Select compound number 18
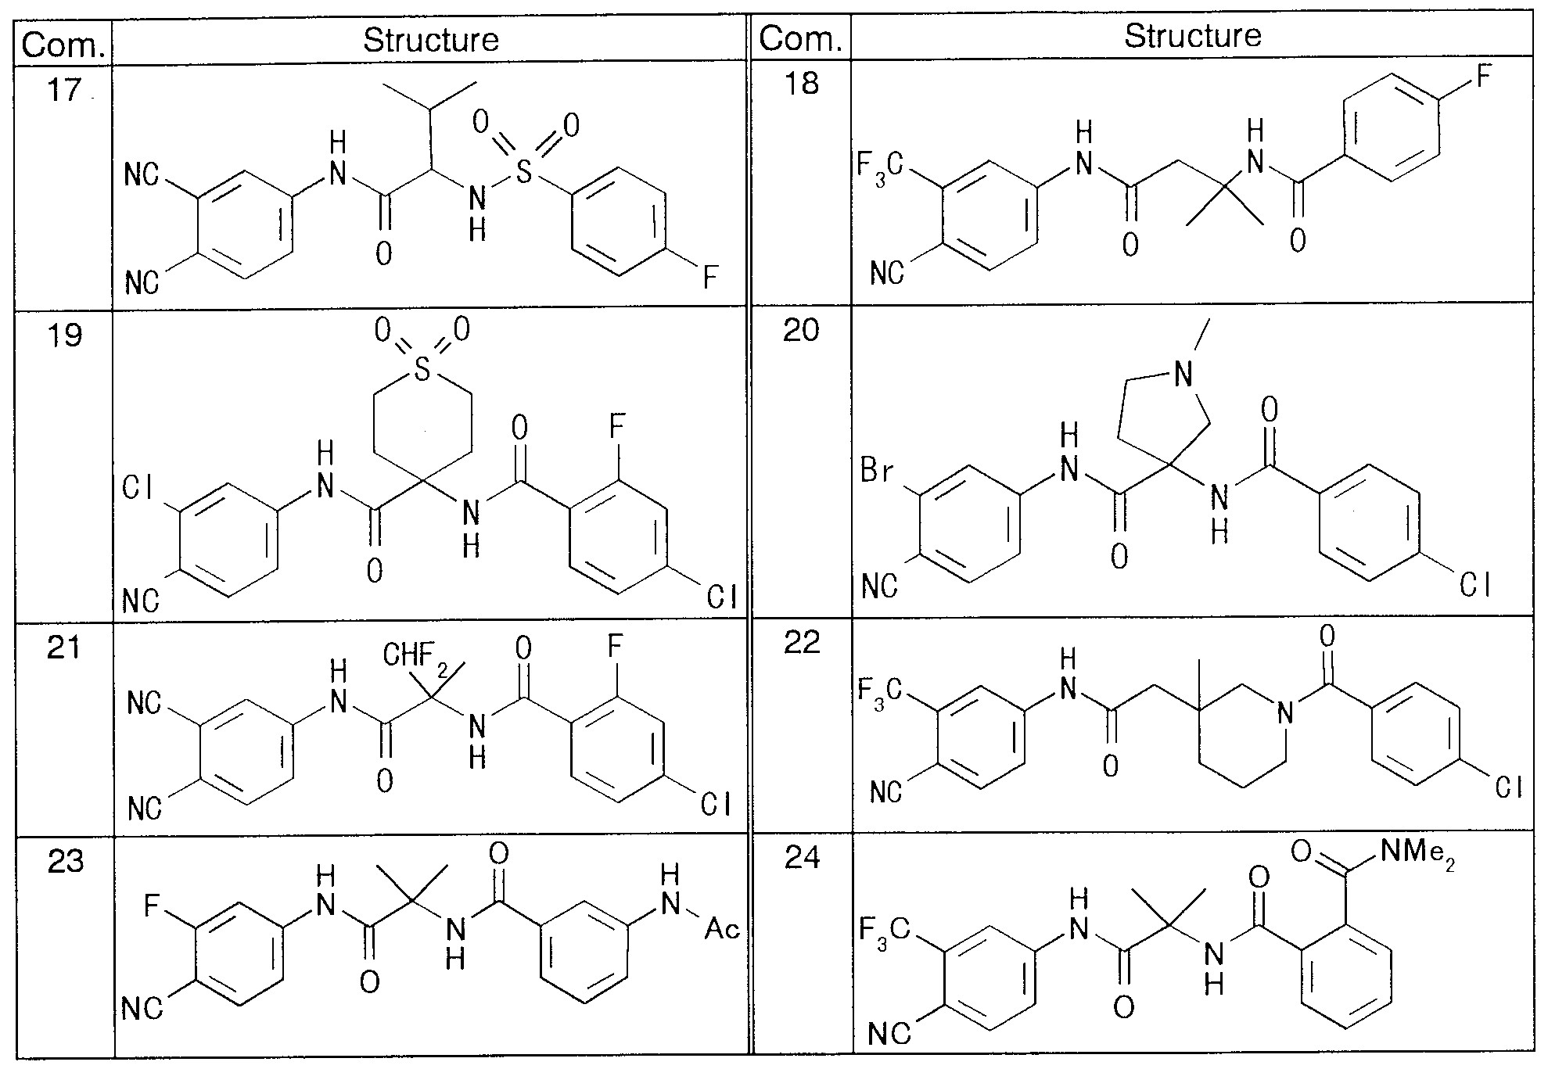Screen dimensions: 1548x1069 [801, 83]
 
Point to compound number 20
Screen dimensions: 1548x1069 [802, 330]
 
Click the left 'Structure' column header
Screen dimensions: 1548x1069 [431, 40]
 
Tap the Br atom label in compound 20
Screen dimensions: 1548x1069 [877, 473]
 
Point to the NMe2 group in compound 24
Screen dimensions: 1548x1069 [1417, 853]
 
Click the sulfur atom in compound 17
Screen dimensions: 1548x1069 [524, 171]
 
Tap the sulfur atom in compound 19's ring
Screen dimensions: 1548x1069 [422, 370]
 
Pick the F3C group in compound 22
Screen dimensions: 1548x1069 [882, 694]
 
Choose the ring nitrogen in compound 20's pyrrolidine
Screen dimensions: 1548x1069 [1184, 376]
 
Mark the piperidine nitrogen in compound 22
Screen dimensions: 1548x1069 [1283, 712]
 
